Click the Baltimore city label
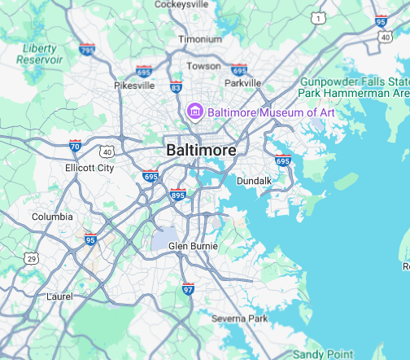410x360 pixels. pyautogui.click(x=201, y=151)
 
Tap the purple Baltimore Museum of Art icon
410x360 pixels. pyautogui.click(x=195, y=110)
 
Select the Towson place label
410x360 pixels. pyautogui.click(x=203, y=65)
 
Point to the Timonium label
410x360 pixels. pyautogui.click(x=200, y=39)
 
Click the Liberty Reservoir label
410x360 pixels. pyautogui.click(x=40, y=54)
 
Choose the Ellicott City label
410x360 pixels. pyautogui.click(x=89, y=168)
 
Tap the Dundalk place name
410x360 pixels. pyautogui.click(x=253, y=180)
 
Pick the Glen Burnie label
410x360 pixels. pyautogui.click(x=189, y=245)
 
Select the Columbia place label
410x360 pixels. pyautogui.click(x=52, y=217)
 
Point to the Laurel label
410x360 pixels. pyautogui.click(x=61, y=296)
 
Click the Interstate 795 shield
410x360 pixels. pyautogui.click(x=87, y=49)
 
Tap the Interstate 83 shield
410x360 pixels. pyautogui.click(x=176, y=86)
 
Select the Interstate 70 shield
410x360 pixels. pyautogui.click(x=75, y=147)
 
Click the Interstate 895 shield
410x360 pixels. pyautogui.click(x=178, y=195)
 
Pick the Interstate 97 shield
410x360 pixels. pyautogui.click(x=188, y=288)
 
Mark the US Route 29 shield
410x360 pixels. pyautogui.click(x=31, y=258)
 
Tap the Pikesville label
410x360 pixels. pyautogui.click(x=133, y=85)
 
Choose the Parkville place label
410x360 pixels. pyautogui.click(x=242, y=82)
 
